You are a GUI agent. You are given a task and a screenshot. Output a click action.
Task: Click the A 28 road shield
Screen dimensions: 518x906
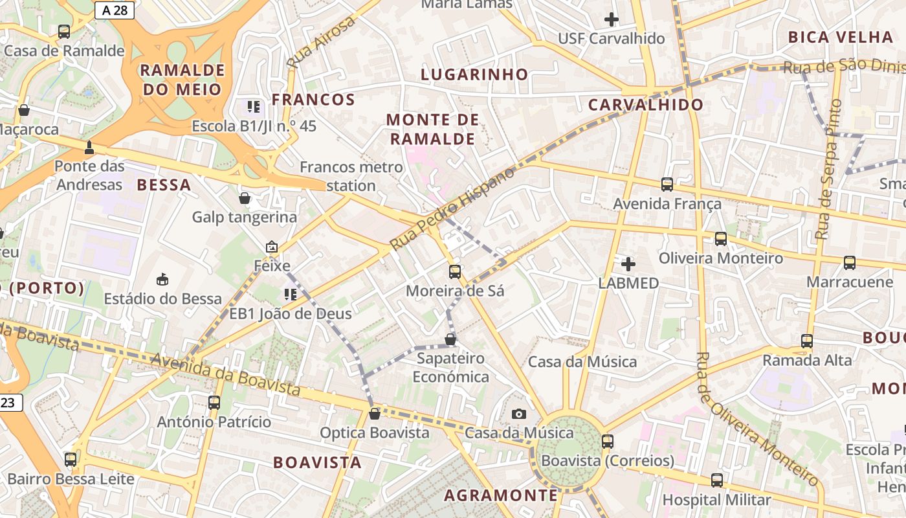pyautogui.click(x=114, y=10)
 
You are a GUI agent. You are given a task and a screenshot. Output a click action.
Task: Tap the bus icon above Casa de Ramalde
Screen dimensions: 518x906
pyautogui.click(x=64, y=31)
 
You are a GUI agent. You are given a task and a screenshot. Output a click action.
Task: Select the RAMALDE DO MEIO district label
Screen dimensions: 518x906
pyautogui.click(x=182, y=79)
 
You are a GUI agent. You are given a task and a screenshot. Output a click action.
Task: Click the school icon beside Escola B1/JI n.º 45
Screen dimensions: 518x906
pyautogui.click(x=253, y=107)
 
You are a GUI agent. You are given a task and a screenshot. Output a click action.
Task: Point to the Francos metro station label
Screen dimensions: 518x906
pyautogui.click(x=351, y=176)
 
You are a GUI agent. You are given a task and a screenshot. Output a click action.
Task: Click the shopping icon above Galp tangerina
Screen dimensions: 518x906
pyautogui.click(x=245, y=198)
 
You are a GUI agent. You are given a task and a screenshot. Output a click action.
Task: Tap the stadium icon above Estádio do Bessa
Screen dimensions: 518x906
pyautogui.click(x=162, y=280)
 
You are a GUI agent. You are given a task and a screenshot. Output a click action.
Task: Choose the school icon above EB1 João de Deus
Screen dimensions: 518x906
pyautogui.click(x=291, y=295)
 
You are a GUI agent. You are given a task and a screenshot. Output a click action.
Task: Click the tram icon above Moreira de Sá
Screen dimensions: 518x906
pyautogui.click(x=455, y=272)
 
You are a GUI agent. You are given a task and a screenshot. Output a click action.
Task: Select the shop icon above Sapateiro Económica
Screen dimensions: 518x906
pyautogui.click(x=450, y=339)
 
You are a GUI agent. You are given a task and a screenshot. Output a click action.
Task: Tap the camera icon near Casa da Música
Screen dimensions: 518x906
pyautogui.click(x=518, y=414)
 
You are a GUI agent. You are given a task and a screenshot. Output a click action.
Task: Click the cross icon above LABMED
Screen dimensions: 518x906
pyautogui.click(x=628, y=264)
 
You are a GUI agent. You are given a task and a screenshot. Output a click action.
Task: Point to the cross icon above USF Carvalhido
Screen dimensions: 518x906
pyautogui.click(x=611, y=19)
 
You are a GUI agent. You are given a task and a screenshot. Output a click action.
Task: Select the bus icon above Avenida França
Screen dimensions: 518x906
pyautogui.click(x=667, y=185)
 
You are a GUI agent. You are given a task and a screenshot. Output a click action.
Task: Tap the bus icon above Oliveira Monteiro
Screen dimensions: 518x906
pyautogui.click(x=721, y=239)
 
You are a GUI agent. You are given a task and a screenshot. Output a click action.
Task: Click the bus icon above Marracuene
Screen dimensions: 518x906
pyautogui.click(x=850, y=263)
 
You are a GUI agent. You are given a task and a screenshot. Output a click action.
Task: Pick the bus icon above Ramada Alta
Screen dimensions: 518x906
pyautogui.click(x=807, y=341)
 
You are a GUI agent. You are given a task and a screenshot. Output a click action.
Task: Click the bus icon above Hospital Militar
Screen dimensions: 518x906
pyautogui.click(x=717, y=480)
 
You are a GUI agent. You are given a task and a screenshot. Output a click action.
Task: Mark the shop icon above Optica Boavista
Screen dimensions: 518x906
pyautogui.click(x=374, y=414)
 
